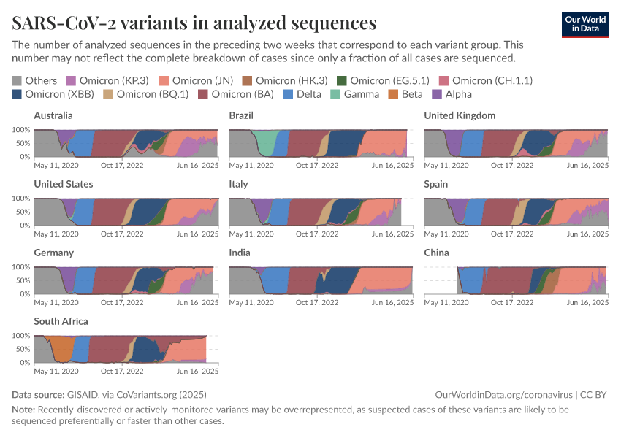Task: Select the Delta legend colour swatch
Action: [288, 94]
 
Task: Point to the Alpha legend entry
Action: [453, 94]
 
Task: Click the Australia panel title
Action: [53, 115]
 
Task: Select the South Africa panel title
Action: [61, 321]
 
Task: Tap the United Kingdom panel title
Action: [460, 115]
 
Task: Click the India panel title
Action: [240, 253]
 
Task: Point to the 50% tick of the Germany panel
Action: [21, 280]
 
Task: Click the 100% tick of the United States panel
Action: [20, 199]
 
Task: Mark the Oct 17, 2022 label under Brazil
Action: [317, 166]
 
